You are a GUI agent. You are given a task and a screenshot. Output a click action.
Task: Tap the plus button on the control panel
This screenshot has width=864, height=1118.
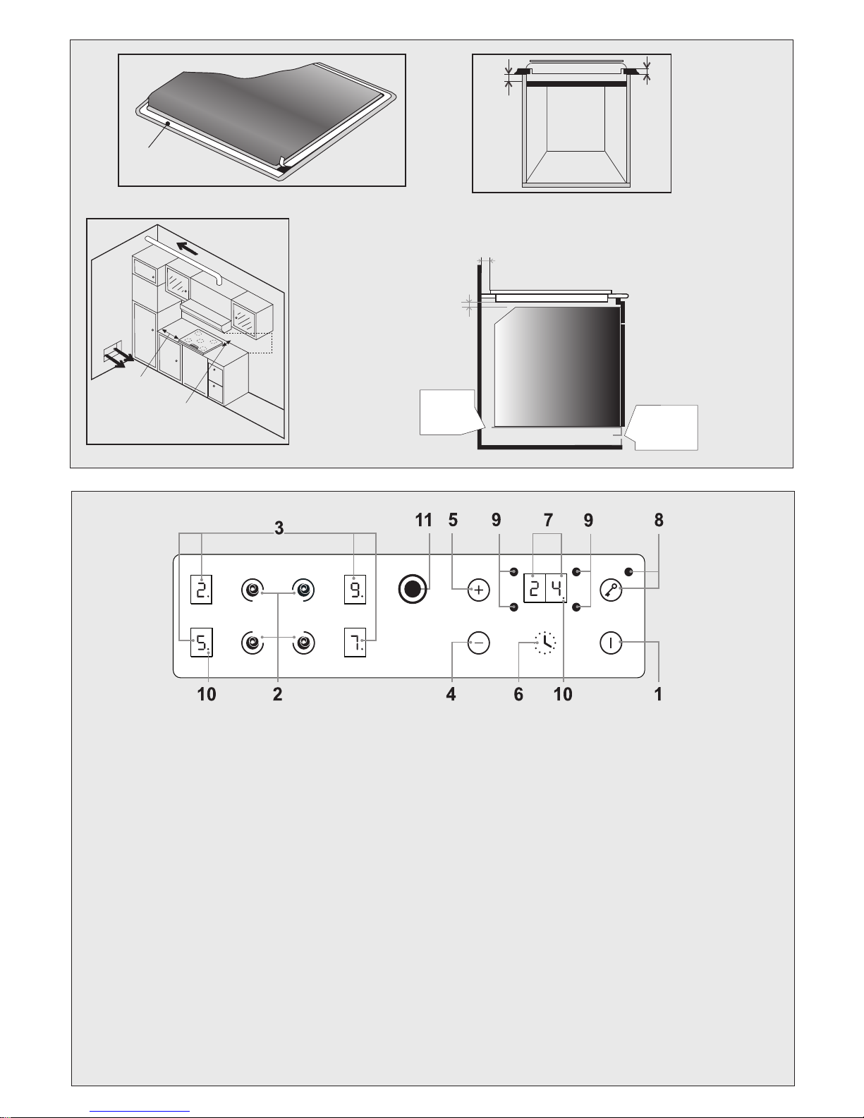click(479, 590)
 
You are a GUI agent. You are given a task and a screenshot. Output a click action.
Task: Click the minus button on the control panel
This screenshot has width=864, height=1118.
click(479, 643)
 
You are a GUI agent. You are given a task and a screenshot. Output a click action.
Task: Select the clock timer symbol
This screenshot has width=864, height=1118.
click(545, 642)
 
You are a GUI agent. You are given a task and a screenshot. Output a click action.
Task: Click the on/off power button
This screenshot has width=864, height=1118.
click(611, 643)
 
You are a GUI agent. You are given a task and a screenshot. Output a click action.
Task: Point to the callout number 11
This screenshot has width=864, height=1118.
click(423, 520)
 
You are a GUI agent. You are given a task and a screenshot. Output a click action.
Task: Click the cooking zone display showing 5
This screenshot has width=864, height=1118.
click(202, 642)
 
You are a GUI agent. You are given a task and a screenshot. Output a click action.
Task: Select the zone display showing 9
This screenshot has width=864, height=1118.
click(355, 589)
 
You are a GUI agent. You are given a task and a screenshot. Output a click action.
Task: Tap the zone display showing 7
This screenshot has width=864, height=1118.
click(355, 643)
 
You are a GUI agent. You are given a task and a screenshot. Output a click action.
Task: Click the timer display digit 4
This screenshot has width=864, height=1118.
click(556, 588)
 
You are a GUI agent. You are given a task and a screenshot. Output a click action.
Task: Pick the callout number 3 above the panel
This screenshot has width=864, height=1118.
click(279, 528)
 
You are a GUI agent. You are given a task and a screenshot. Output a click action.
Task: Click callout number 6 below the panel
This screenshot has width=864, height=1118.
click(518, 695)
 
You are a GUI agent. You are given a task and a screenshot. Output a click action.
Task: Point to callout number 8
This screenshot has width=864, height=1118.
click(659, 520)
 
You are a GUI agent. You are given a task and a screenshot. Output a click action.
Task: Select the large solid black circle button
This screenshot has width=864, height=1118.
click(413, 590)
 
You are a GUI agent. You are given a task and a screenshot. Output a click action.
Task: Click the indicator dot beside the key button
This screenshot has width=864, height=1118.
click(628, 572)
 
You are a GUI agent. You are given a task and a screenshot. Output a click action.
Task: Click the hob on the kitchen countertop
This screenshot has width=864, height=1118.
click(204, 341)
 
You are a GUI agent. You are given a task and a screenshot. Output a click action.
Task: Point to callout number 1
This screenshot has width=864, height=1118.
click(658, 695)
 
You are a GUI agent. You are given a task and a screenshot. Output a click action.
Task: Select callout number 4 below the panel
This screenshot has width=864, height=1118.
click(451, 695)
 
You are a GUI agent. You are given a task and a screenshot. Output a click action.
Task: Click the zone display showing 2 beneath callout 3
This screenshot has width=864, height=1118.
click(201, 589)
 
